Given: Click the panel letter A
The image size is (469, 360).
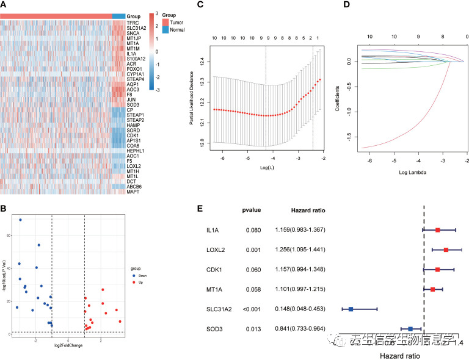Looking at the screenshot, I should (4, 4).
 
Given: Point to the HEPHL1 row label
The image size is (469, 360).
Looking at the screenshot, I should (136, 151).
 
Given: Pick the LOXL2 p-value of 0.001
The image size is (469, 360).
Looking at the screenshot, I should (253, 250).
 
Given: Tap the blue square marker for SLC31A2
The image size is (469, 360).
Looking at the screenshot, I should (351, 309).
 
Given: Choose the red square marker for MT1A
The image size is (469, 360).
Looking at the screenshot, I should (432, 289).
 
